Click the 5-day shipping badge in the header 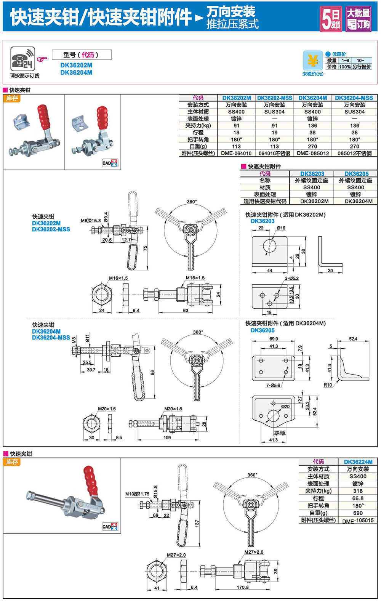point(331,19)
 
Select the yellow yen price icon point(312,61)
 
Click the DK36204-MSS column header point(354,98)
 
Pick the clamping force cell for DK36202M point(236,126)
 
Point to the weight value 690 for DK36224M point(358,513)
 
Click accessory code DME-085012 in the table point(312,153)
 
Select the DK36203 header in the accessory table point(312,174)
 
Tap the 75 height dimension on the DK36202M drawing point(145,248)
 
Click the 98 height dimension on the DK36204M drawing point(152,372)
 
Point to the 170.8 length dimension point(243,587)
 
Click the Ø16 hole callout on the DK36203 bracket point(281,228)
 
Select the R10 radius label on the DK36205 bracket point(328,385)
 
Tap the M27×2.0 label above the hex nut point(176,555)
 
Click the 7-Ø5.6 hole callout point(273,385)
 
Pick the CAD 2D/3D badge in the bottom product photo point(110,527)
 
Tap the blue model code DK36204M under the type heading point(76,72)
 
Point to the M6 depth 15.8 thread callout point(91,220)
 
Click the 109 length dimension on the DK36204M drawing point(167,437)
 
